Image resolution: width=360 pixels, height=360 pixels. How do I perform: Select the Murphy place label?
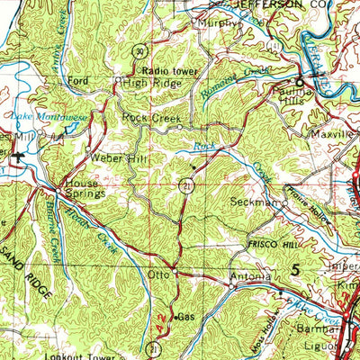pos(215,23)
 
